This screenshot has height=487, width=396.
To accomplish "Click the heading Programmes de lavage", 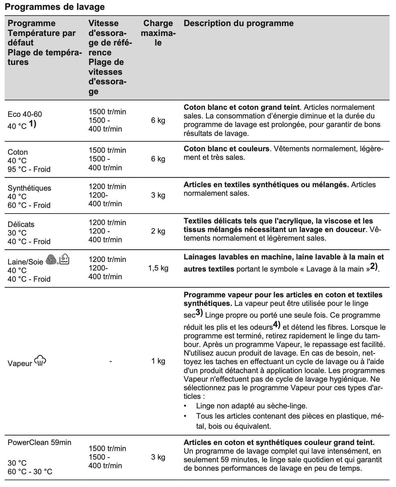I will point(55,7).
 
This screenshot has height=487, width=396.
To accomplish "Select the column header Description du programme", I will point(238,23).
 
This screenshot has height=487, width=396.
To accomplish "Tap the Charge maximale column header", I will point(158,33).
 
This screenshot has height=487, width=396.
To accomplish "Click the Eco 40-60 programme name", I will point(24,114).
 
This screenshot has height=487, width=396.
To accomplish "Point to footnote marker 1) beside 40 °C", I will point(33,124).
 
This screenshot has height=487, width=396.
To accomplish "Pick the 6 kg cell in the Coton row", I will point(158,159).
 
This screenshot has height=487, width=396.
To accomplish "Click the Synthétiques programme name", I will point(29,188).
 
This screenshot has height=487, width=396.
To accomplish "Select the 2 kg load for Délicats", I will point(158,231).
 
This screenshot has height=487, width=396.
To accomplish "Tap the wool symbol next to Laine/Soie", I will point(51,260).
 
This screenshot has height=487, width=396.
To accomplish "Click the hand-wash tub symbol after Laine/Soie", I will point(64,260).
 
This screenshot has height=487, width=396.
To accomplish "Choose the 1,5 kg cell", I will point(158,268).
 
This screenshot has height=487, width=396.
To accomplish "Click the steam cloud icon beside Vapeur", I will point(40,361).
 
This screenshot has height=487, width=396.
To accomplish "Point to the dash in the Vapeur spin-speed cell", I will point(110,361).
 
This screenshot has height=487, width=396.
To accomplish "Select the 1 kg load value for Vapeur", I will point(158,361).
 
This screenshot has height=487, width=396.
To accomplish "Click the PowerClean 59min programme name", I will point(39,442).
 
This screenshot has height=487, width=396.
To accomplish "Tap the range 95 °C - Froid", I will point(29,169).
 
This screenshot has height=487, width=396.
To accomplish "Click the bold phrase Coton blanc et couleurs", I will point(226,149).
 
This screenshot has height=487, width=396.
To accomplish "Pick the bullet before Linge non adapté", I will point(186,406).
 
